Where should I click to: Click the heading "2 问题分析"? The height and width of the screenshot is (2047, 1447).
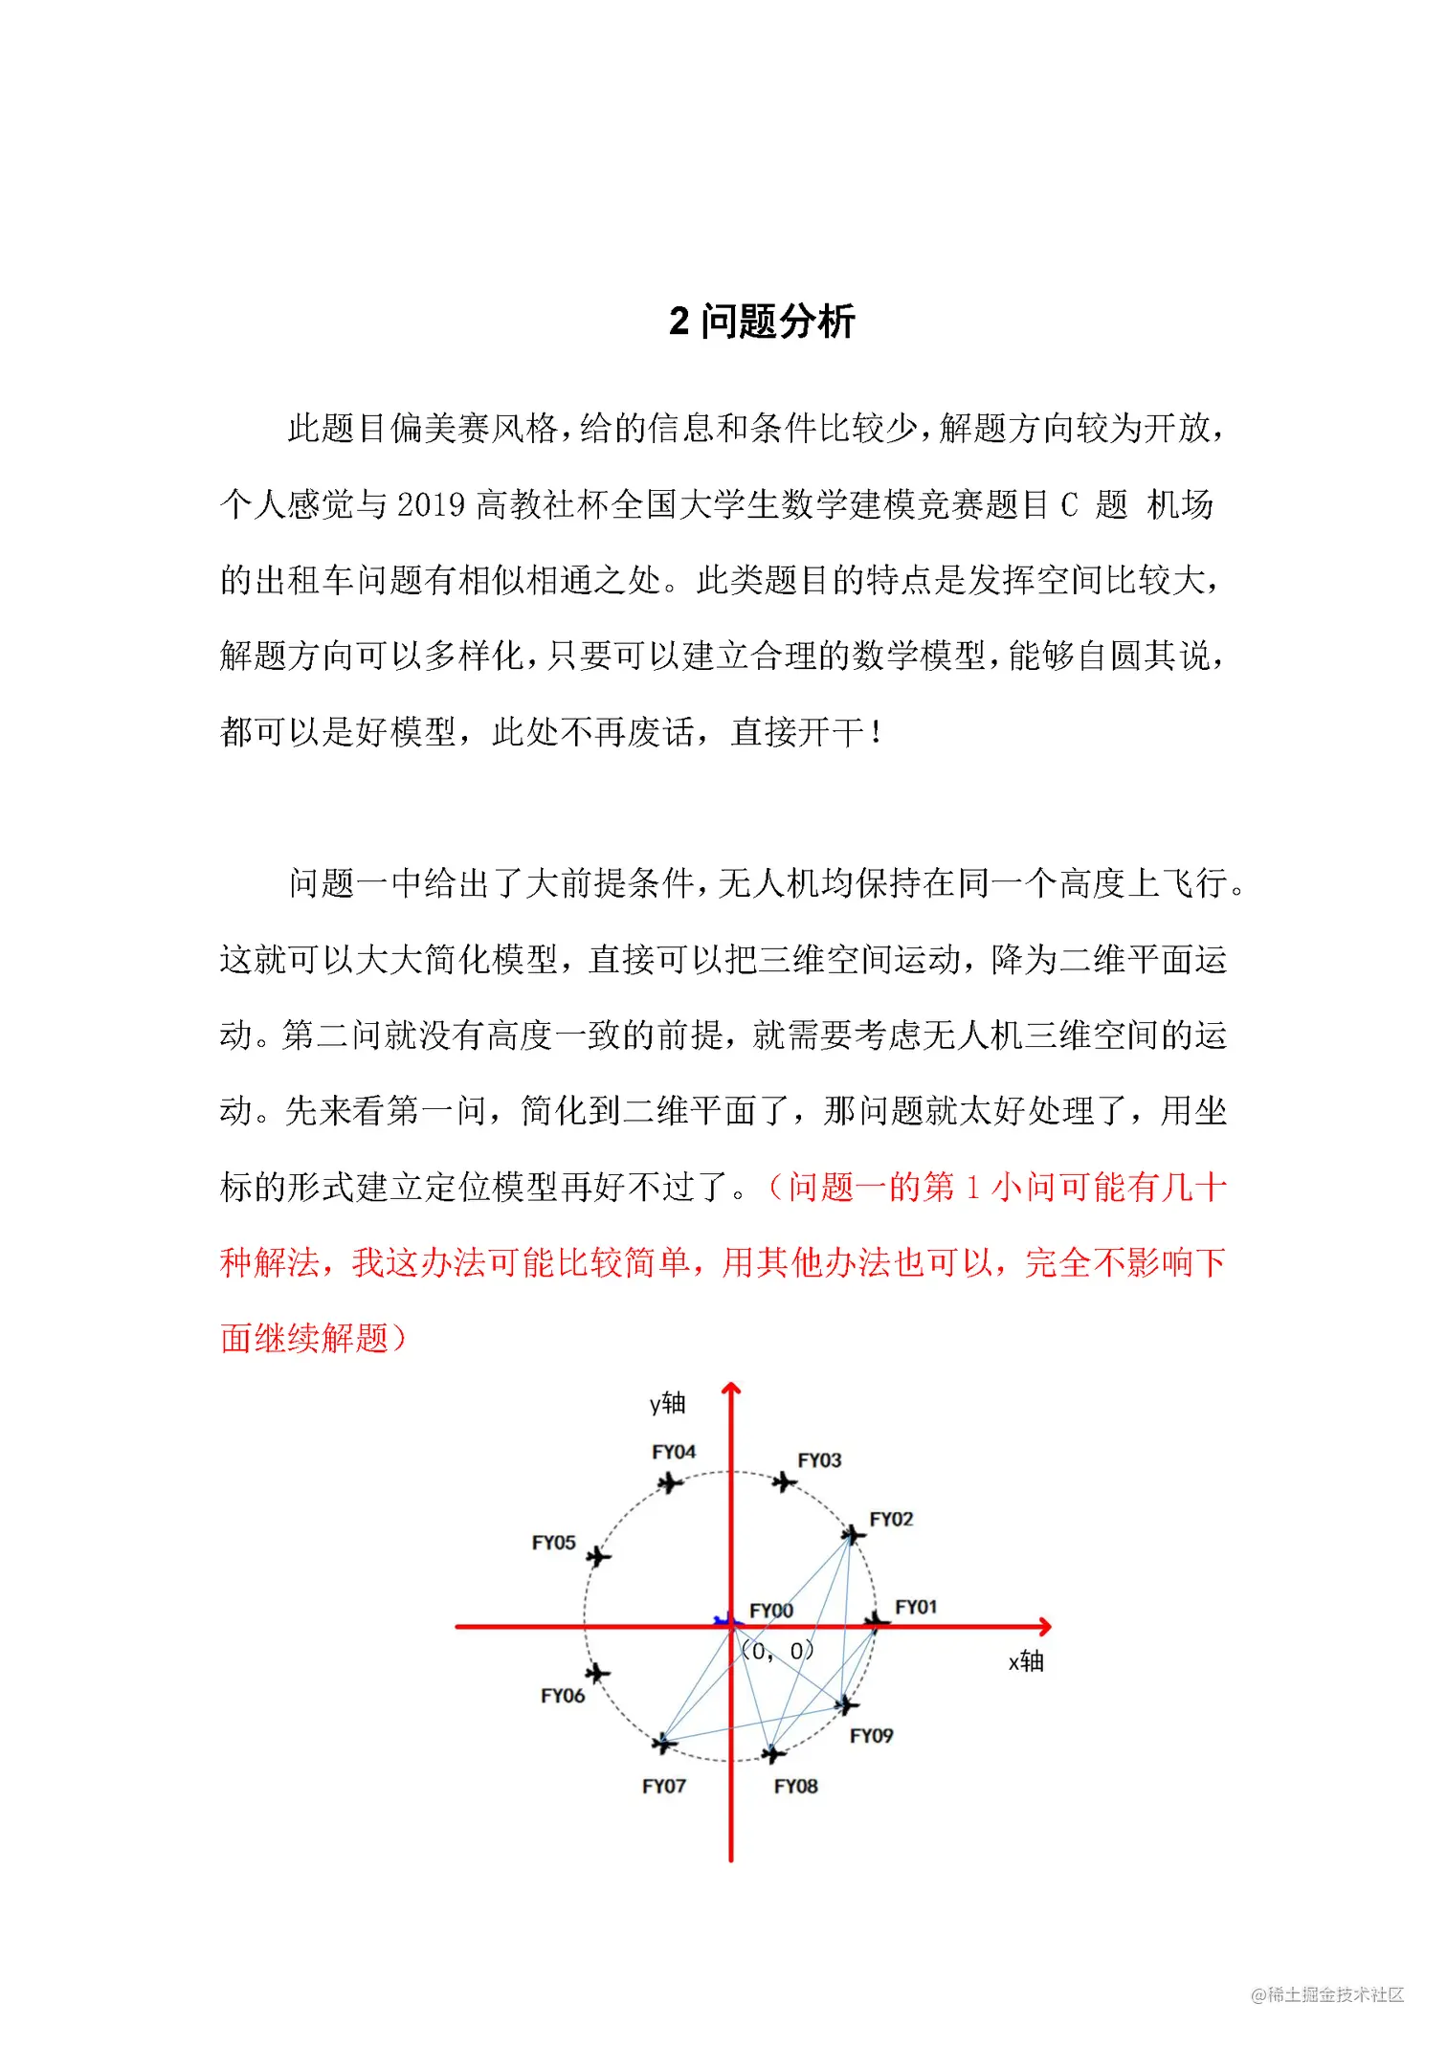pos(762,322)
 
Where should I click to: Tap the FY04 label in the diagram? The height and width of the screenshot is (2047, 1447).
pos(674,1452)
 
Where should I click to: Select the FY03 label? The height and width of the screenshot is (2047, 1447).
pos(819,1460)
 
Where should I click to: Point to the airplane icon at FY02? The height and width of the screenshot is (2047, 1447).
pos(852,1536)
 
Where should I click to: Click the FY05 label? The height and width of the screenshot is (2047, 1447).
pos(554,1543)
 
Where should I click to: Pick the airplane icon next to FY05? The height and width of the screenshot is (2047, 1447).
pos(599,1557)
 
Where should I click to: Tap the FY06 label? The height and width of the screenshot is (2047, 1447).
pos(563,1696)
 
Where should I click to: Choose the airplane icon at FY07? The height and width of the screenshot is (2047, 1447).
pos(663,1744)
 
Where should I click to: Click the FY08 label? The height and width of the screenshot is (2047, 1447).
pos(796,1786)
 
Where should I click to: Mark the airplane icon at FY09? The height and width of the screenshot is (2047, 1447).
pos(847,1704)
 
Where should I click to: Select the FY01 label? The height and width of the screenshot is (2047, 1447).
pos(916,1607)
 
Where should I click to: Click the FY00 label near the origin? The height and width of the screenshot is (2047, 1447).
pos(771,1611)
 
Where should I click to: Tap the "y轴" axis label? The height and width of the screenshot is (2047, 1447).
pos(668,1403)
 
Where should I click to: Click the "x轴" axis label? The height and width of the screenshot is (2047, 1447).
pos(1026,1661)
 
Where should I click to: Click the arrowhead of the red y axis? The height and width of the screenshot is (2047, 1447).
pos(731,1389)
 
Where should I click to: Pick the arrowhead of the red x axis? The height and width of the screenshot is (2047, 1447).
pos(1045,1626)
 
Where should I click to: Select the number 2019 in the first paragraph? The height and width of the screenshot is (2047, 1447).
pos(431,504)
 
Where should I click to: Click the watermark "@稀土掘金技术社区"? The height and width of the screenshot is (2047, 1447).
pos(1327,1994)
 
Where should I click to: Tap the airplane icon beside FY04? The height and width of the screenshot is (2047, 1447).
pos(670,1483)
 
